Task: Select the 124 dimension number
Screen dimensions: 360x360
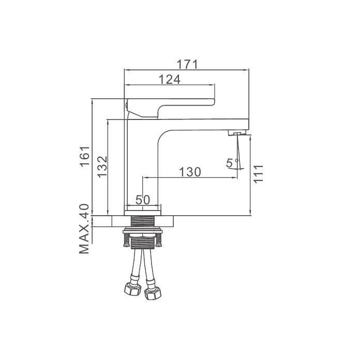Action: click(170, 80)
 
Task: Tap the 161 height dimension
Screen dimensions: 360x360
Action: click(84, 156)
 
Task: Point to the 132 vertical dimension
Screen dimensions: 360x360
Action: click(102, 167)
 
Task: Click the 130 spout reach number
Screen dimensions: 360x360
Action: click(190, 172)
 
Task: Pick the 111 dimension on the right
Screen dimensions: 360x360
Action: click(258, 174)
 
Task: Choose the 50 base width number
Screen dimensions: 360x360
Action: click(143, 200)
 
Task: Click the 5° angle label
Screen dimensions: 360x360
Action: click(232, 163)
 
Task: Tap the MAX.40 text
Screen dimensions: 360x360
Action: click(84, 229)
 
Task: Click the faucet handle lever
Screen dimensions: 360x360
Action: click(170, 108)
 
